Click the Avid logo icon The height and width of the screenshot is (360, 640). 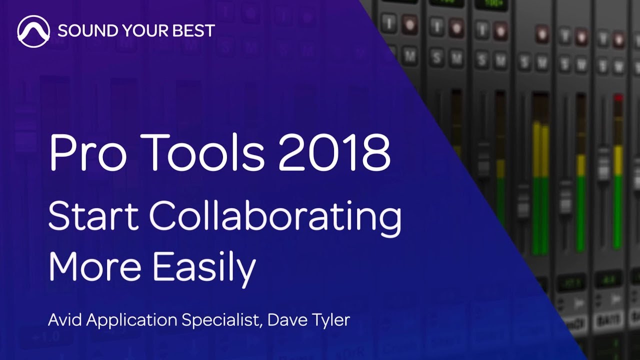point(33,31)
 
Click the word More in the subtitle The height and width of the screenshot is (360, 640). point(94,266)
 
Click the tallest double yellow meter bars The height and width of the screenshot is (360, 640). point(540,150)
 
